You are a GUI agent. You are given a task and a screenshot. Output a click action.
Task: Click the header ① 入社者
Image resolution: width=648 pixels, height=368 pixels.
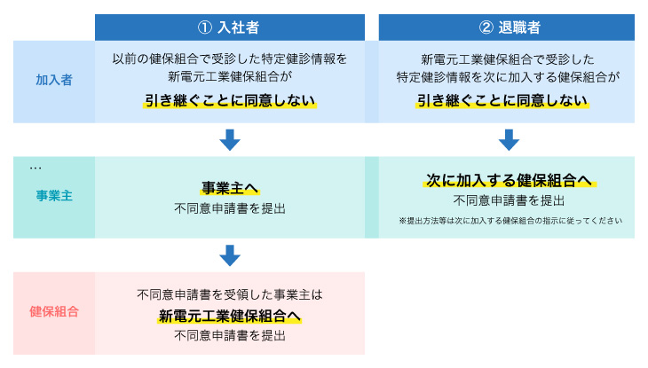(x=230, y=27)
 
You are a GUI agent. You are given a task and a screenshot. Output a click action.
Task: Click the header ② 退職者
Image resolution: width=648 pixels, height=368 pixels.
(x=506, y=27)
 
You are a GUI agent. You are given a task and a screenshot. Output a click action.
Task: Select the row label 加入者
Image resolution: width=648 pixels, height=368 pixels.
(x=53, y=80)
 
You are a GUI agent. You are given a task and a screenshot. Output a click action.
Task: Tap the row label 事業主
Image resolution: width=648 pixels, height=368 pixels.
(x=53, y=196)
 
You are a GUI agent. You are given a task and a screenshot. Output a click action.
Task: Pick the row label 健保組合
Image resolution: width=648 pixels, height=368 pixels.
(x=54, y=311)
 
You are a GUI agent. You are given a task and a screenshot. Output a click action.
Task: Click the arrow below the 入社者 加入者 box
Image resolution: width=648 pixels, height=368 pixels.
(x=230, y=139)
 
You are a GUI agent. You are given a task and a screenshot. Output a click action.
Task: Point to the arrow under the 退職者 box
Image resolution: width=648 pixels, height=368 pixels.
(x=508, y=139)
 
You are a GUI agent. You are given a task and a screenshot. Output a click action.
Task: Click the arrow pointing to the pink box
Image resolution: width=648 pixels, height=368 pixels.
(x=230, y=255)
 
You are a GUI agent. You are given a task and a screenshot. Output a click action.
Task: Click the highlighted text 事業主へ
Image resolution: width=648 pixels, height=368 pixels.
(x=230, y=188)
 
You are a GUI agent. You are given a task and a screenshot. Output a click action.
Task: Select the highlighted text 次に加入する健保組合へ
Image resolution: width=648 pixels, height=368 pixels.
(x=508, y=180)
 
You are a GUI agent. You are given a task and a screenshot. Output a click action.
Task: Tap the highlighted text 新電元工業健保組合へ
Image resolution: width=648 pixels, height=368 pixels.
(x=230, y=316)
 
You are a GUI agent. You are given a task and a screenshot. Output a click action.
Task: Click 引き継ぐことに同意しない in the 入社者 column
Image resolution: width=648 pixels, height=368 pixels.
(x=230, y=100)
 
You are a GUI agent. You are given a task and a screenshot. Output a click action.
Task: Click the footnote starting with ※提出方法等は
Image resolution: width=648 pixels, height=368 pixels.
(x=510, y=220)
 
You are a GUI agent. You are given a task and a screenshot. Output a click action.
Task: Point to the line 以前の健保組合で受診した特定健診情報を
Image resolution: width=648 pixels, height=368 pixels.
(x=230, y=59)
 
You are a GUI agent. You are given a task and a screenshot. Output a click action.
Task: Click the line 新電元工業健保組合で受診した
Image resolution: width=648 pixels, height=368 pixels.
(x=507, y=59)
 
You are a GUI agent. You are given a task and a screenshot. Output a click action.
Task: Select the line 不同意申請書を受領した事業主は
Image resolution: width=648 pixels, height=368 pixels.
(x=230, y=294)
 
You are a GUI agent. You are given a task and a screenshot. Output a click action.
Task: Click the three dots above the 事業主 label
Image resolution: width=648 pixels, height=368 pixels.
(x=36, y=167)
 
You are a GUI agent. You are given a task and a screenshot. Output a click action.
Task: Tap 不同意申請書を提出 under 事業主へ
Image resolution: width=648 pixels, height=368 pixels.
(x=230, y=209)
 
